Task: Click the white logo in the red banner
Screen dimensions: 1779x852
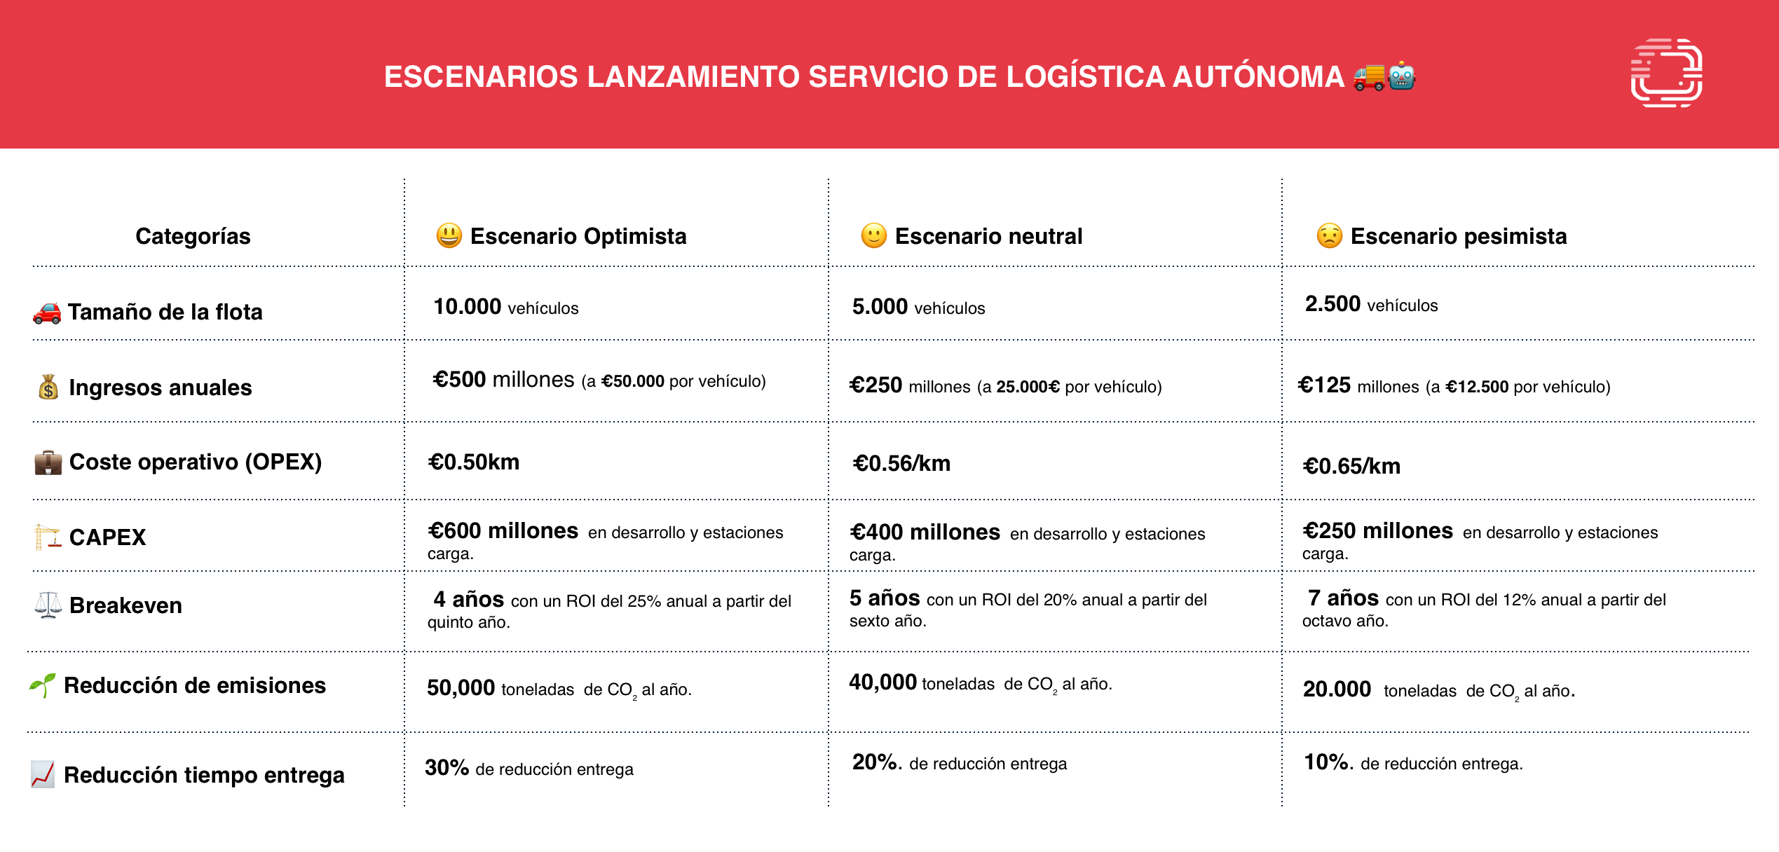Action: click(x=1666, y=73)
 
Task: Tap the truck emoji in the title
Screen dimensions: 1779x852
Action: click(x=1369, y=77)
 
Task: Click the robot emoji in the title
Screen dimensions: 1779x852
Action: click(x=1401, y=76)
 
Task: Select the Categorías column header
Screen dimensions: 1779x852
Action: click(x=193, y=236)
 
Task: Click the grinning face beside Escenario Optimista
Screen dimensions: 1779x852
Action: click(x=449, y=235)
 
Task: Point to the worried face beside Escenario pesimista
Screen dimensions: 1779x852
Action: click(x=1329, y=235)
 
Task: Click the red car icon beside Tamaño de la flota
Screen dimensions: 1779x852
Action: click(x=47, y=312)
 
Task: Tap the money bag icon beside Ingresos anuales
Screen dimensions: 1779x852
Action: click(x=48, y=387)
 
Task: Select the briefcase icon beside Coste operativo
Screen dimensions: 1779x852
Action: click(x=48, y=462)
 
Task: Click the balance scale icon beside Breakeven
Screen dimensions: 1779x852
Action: click(x=48, y=605)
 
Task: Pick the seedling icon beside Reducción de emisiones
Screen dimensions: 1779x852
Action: click(x=42, y=685)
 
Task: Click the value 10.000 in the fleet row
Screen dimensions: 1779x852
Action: click(x=468, y=306)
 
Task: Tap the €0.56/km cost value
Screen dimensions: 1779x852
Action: click(x=901, y=463)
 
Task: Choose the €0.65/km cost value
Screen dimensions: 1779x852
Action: click(x=1351, y=466)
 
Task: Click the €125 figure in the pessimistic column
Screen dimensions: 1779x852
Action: click(x=1324, y=385)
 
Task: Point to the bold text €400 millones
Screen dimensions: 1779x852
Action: click(x=925, y=532)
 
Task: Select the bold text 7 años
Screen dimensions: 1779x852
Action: click(x=1343, y=598)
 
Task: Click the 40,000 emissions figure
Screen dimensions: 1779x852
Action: click(x=883, y=682)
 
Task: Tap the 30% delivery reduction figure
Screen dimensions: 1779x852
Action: click(x=447, y=767)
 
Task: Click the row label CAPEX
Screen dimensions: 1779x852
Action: click(x=107, y=537)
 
